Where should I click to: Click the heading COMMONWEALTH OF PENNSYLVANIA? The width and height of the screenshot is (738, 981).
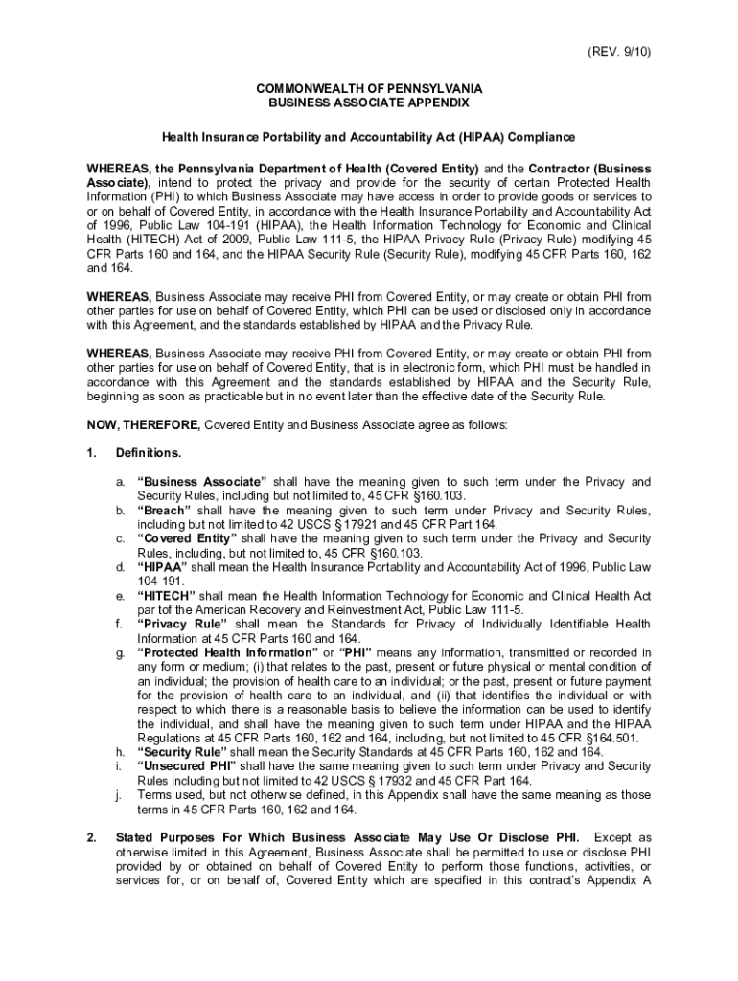click(368, 88)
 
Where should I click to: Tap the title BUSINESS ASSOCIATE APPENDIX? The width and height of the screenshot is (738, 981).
click(368, 102)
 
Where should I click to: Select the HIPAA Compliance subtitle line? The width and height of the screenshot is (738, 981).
click(368, 137)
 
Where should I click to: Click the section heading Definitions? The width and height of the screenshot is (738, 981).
click(148, 452)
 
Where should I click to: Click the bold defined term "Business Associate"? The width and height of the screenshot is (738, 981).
click(202, 481)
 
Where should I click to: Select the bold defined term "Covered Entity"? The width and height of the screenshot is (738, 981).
click(189, 538)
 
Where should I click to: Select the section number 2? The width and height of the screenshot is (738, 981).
click(90, 838)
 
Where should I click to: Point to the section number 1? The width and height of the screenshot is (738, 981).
click(90, 452)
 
